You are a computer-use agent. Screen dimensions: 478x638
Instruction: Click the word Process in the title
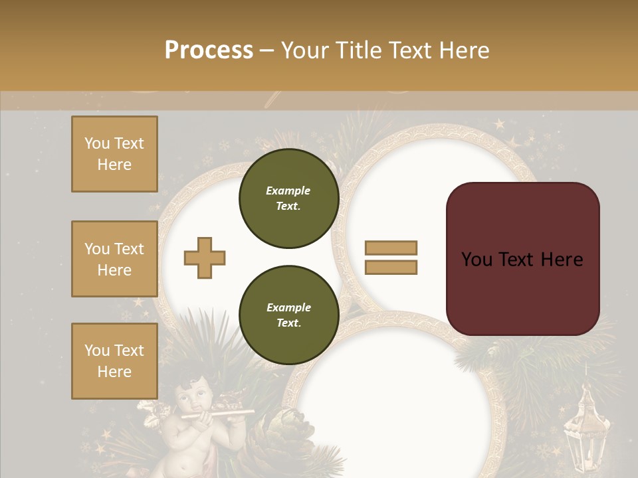point(209,50)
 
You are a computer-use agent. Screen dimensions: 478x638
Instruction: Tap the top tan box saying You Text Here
point(114,154)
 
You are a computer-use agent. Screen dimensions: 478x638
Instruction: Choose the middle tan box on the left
point(114,259)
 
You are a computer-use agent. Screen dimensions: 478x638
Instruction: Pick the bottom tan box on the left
point(114,360)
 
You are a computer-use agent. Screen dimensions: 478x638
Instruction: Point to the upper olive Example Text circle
point(288,199)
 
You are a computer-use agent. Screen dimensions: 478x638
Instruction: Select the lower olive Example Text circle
point(288,315)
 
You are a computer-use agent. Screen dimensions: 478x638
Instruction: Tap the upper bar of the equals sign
point(391,248)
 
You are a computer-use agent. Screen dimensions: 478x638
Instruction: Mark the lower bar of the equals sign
point(391,267)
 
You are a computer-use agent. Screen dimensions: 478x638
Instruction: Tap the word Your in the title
point(304,50)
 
